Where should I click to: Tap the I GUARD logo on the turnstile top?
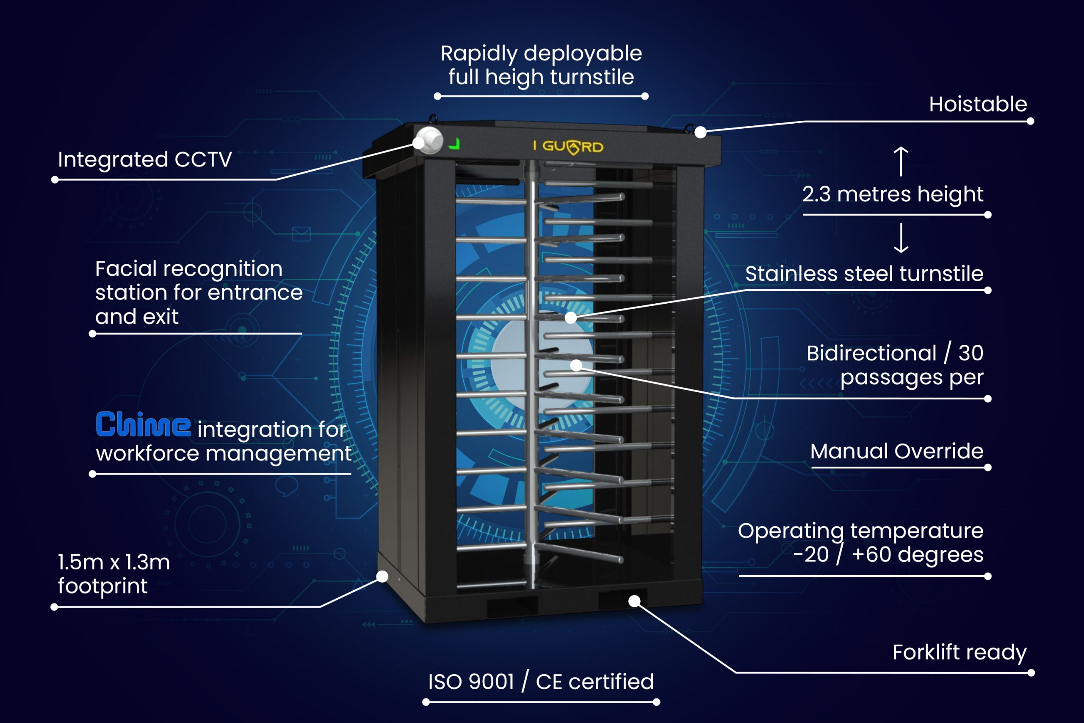[568, 147]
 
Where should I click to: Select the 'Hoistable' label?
[978, 104]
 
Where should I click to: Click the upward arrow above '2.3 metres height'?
[901, 161]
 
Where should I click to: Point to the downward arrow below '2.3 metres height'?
[901, 238]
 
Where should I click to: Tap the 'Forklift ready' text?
[959, 652]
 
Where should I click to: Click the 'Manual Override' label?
[896, 451]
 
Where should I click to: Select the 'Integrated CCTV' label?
[145, 160]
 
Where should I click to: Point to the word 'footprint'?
[102, 586]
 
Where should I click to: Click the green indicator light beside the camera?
[454, 144]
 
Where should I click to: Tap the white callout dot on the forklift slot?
[634, 601]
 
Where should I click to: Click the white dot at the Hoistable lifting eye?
[700, 132]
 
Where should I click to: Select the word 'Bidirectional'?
[871, 353]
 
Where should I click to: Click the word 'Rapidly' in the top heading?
[478, 54]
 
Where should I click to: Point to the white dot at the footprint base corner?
[382, 576]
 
